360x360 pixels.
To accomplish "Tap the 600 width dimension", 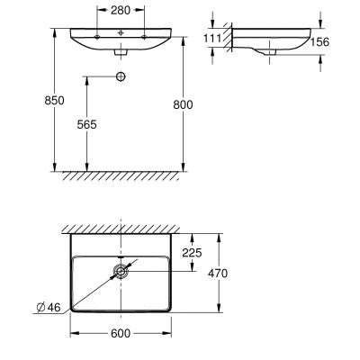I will click(121, 335).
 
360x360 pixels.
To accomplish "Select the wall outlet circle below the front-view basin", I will click(121, 77).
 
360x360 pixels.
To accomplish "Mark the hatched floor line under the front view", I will click(121, 175).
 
